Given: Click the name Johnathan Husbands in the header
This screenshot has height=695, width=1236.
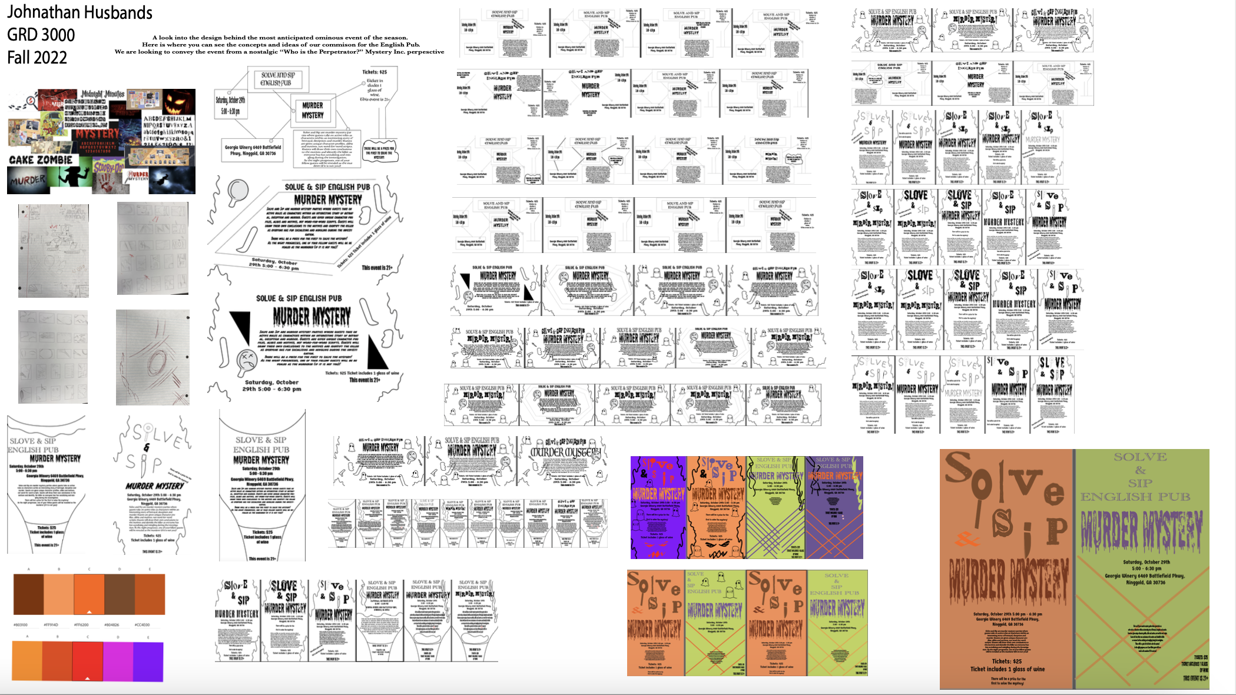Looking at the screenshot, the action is [x=79, y=12].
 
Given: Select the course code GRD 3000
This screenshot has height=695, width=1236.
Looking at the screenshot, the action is [x=41, y=35].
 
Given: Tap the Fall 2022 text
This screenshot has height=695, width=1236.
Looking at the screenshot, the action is [x=37, y=57].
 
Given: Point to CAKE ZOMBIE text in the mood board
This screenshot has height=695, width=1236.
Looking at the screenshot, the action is [x=41, y=159].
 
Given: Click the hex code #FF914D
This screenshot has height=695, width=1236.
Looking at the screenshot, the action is [x=51, y=625].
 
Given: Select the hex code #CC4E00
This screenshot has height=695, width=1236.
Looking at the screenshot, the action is [x=142, y=625].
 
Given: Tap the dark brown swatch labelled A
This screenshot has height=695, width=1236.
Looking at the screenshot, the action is [x=28, y=594].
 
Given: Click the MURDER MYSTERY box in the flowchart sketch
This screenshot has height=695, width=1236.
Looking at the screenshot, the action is [x=313, y=110].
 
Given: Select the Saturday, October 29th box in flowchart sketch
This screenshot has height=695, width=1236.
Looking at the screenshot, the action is [x=230, y=105].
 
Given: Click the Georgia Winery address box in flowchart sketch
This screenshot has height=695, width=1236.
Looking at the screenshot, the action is [x=253, y=150].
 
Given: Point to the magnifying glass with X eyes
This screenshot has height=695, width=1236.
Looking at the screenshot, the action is [x=246, y=360].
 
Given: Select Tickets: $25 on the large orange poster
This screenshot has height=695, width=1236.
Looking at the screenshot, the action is [x=1006, y=661].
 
